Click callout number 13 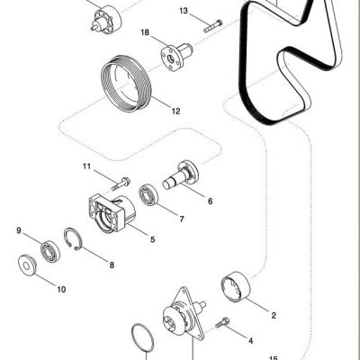click(x=184, y=11)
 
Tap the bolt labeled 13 click(x=213, y=26)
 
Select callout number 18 click(x=145, y=32)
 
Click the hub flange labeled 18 click(x=176, y=56)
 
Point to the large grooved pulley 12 click(x=128, y=84)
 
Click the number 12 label click(x=175, y=112)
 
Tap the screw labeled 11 click(x=121, y=184)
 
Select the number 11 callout click(x=86, y=166)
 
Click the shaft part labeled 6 click(x=181, y=175)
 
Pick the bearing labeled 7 click(x=148, y=195)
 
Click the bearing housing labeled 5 click(x=112, y=213)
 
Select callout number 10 click(x=61, y=290)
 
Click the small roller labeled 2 click(x=237, y=285)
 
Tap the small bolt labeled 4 click(x=222, y=322)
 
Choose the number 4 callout click(x=250, y=341)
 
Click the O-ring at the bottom click(x=143, y=337)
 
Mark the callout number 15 click(x=274, y=358)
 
